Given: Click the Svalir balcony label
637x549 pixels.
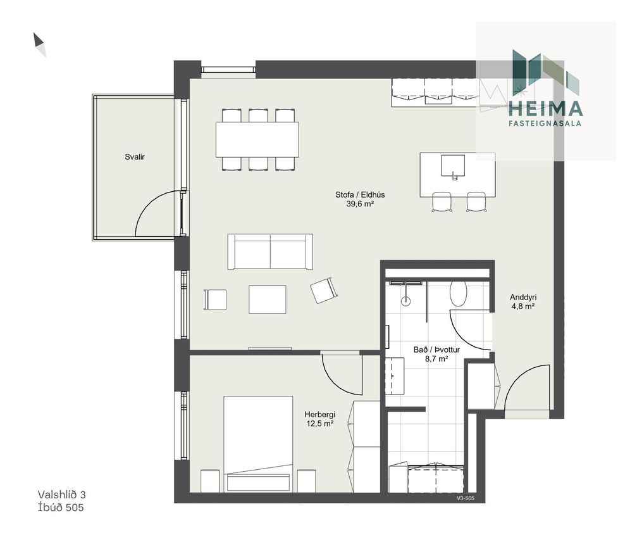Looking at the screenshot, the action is coord(135,157).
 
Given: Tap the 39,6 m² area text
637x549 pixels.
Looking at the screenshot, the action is coord(360,204).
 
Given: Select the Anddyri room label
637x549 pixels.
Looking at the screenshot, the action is coord(523,297).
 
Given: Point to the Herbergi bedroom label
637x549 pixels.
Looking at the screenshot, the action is coord(319,415).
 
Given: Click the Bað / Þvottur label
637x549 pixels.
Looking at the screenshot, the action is coord(436,350).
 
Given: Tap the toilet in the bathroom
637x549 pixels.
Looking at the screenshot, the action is coord(458,294).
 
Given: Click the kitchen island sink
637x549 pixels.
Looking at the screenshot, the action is coord(453,165).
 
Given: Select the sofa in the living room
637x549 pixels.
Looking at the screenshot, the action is coord(270,251).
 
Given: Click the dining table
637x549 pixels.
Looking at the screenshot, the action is coord(257,139).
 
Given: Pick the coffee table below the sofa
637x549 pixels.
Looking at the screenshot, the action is coord(268,300).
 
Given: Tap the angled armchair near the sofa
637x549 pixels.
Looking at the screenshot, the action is coord(324,289).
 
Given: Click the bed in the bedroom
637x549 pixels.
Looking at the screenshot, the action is coord(258,444).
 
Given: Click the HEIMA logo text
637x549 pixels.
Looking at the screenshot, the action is coord(546,108).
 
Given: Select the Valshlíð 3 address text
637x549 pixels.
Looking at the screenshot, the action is coord(62,495).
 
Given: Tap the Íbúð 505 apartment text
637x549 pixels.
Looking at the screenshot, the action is coord(61,507).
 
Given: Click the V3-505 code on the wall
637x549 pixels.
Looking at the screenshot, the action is coord(466,498).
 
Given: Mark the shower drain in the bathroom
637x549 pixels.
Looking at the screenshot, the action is coord(405,301).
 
